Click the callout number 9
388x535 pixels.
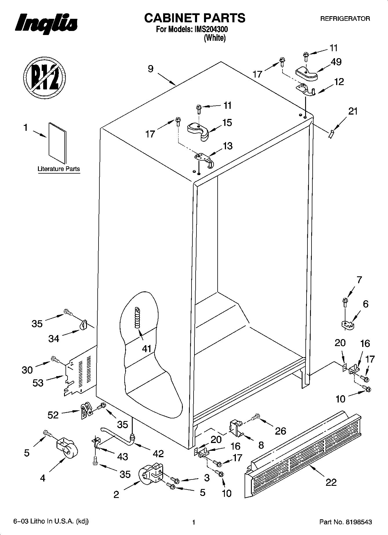150,69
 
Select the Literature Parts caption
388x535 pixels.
59,169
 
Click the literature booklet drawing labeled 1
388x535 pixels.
57,143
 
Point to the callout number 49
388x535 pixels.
336,62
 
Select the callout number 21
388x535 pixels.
353,111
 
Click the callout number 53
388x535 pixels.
38,383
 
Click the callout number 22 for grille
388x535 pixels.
331,482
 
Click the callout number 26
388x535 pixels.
280,431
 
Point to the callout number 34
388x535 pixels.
54,338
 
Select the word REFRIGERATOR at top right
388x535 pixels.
345,19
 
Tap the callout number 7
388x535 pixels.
359,280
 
